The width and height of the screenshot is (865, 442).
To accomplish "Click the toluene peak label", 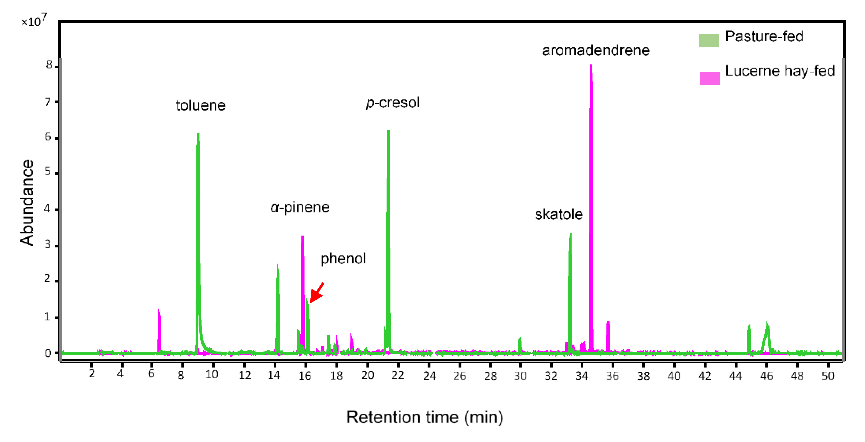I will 201,105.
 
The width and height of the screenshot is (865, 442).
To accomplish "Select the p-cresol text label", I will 393,103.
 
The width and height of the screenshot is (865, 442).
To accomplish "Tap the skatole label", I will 558,214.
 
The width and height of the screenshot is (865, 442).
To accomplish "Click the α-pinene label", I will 300,207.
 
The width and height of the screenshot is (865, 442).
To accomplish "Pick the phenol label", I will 343,258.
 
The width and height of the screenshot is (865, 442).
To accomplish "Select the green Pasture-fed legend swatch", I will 709,40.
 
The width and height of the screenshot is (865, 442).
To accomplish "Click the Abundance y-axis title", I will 27,203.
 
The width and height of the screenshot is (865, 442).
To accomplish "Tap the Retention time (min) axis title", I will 425,417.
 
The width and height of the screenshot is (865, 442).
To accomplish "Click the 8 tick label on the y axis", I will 49,65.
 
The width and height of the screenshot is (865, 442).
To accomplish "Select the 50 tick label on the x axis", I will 828,376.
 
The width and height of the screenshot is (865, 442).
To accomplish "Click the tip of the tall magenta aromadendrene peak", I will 591,66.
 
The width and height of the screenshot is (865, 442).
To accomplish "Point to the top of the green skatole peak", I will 570,235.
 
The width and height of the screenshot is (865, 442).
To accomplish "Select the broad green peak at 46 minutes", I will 767,327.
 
